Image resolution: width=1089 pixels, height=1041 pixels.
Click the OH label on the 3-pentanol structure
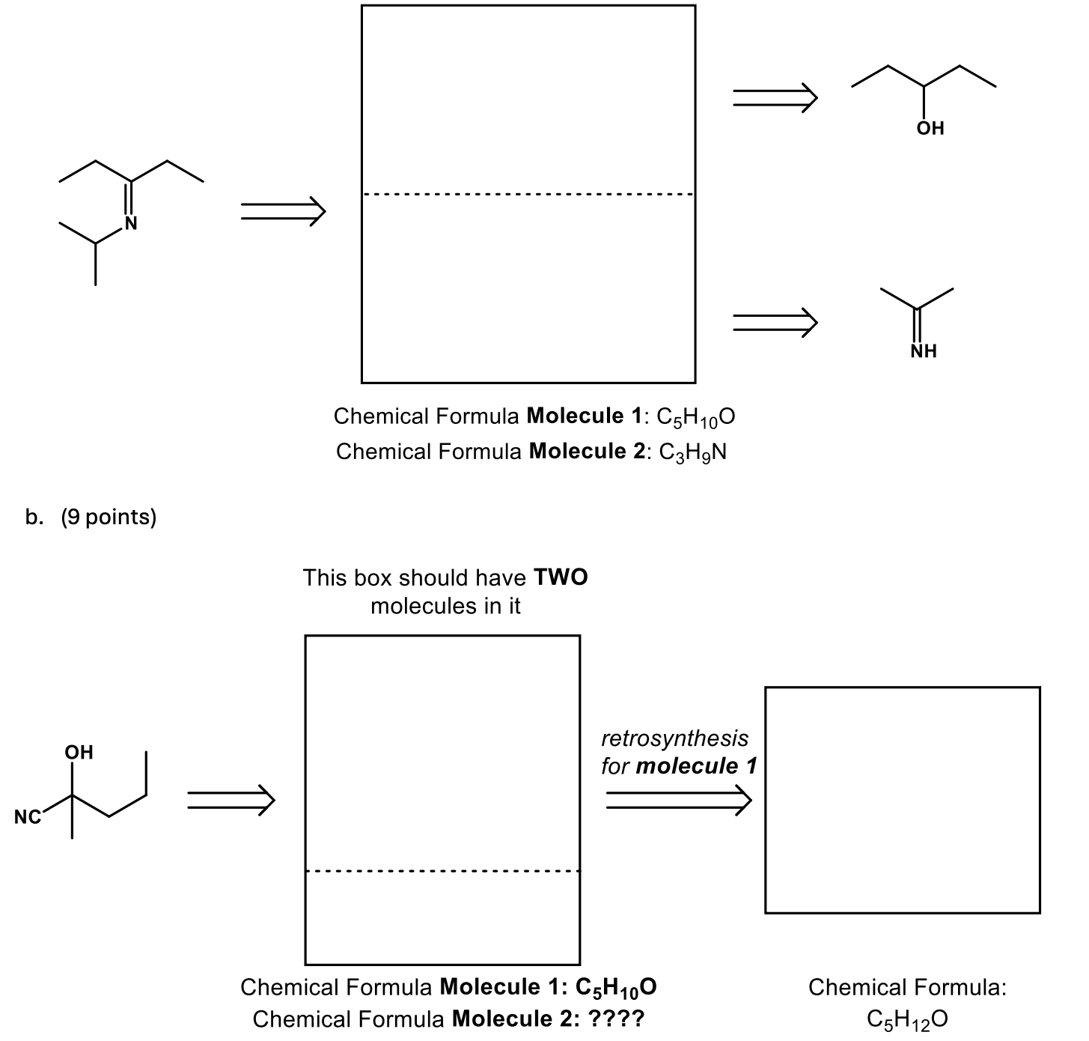(930, 128)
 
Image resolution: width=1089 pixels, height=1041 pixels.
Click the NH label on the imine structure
(924, 351)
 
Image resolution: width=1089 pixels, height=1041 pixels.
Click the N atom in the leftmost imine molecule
(131, 222)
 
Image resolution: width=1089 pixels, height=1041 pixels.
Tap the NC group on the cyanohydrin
(28, 817)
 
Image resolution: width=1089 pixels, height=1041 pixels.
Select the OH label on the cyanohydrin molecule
(79, 752)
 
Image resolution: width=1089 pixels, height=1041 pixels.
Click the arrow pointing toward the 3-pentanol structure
(775, 97)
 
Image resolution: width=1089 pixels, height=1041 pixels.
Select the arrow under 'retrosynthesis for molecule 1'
(678, 799)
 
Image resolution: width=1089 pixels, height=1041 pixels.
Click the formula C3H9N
(692, 452)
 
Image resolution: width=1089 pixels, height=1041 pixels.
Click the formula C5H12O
(907, 1019)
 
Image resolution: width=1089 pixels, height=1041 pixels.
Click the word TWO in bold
(561, 577)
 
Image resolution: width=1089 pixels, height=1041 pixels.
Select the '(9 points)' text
(109, 518)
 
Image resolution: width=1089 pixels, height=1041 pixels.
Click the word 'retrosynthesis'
(674, 738)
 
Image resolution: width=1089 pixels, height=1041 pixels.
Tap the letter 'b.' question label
(34, 518)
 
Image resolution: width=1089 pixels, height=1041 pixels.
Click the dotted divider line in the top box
(528, 195)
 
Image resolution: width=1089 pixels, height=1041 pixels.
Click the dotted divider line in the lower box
(442, 871)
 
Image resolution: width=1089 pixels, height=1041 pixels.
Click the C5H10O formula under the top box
(695, 416)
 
